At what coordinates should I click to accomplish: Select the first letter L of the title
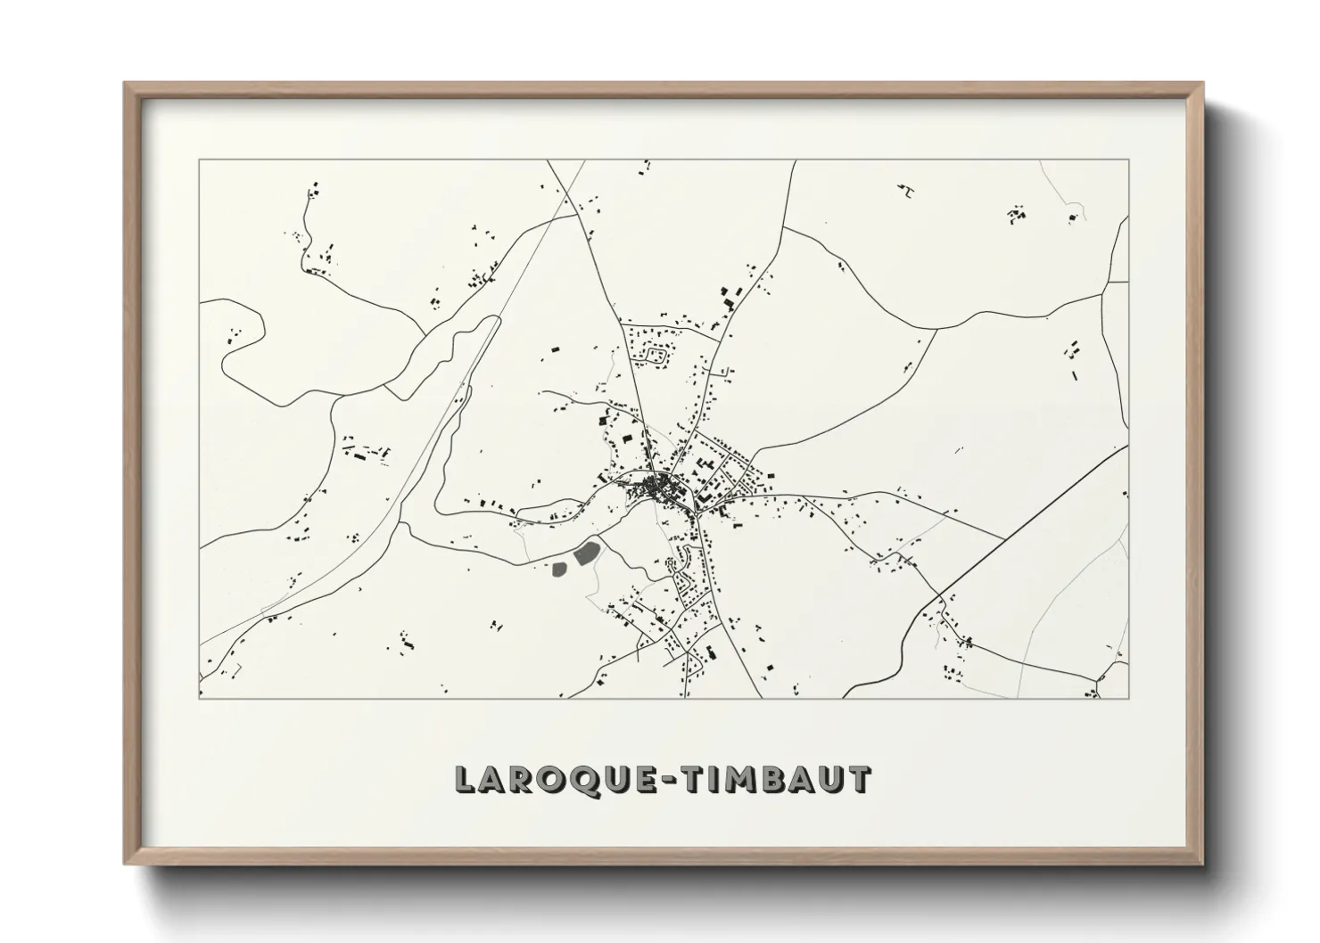click(x=466, y=779)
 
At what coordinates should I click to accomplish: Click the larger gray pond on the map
click(x=586, y=554)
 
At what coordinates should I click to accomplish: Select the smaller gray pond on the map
click(x=562, y=567)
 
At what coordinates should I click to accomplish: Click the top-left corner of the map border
click(x=199, y=160)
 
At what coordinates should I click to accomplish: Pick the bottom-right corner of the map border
click(x=1128, y=698)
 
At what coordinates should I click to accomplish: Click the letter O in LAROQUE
click(x=550, y=779)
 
